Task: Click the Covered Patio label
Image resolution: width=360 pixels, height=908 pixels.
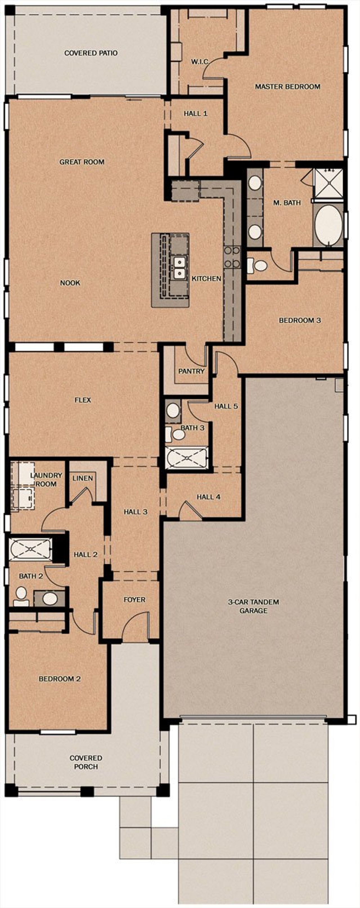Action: [x=91, y=53]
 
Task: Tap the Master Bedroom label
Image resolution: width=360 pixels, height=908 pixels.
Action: [x=287, y=86]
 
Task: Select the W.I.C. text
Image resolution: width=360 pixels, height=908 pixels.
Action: [x=200, y=62]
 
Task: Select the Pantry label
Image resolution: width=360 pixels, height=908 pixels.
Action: [x=191, y=371]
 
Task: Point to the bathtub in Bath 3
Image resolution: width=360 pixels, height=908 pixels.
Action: [x=186, y=458]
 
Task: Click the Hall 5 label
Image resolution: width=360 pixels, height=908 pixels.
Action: [x=226, y=406]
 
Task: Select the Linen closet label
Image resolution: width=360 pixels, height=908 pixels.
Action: [x=82, y=478]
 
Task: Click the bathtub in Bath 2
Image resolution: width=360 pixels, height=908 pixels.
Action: [x=30, y=549]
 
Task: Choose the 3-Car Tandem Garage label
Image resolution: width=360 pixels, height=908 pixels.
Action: [x=253, y=606]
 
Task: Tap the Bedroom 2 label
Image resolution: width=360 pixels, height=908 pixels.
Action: [x=60, y=678]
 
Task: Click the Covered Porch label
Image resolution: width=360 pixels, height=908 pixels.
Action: [x=86, y=762]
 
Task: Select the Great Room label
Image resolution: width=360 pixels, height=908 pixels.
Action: [x=82, y=162]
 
